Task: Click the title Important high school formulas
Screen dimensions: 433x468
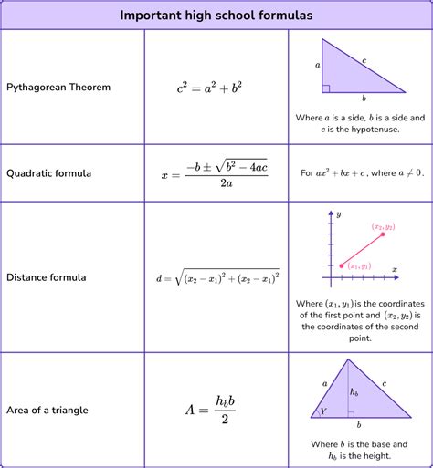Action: click(x=216, y=16)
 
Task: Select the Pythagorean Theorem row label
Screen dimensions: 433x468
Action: click(x=59, y=88)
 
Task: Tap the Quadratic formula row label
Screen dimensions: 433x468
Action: click(x=49, y=172)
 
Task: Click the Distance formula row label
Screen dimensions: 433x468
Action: click(x=47, y=276)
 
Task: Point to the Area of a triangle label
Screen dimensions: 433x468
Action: click(x=48, y=410)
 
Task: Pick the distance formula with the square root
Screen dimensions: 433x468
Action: click(x=216, y=276)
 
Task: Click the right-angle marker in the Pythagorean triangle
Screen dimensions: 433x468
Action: click(x=325, y=88)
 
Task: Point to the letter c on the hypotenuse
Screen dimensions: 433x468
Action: click(x=364, y=60)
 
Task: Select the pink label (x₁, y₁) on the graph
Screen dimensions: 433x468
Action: click(x=359, y=265)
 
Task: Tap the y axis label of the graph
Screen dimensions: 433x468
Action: click(x=338, y=213)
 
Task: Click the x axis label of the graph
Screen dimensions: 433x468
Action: click(x=394, y=269)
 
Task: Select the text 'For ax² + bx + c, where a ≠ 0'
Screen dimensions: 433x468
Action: click(x=360, y=172)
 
